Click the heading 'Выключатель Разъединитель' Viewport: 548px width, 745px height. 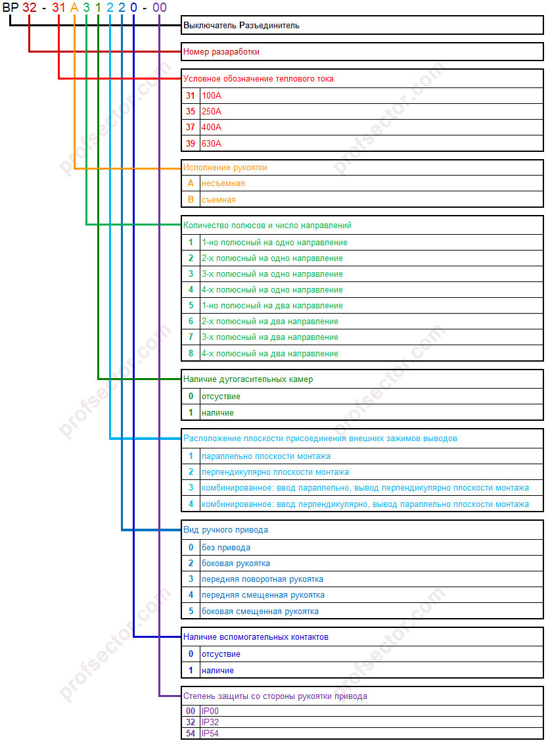241,26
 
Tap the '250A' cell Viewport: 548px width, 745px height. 212,111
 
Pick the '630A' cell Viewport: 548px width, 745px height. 212,143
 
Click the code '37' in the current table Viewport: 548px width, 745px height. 191,127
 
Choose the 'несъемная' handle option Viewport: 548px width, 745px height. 223,183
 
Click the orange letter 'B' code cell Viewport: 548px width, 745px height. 191,199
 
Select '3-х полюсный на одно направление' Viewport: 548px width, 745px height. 272,274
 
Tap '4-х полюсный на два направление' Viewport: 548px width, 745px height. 269,353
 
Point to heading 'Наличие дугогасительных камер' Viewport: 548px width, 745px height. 248,379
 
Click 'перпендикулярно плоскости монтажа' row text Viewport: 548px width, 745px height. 275,471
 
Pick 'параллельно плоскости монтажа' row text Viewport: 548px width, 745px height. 265,456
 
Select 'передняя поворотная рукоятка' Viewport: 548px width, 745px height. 262,579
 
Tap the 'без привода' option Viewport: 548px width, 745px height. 225,547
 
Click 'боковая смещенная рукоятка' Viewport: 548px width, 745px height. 260,611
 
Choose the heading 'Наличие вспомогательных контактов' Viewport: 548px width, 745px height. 256,637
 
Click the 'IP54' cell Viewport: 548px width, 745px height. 210,733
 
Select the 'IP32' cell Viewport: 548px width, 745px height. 210,722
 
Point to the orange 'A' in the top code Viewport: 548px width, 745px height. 74,8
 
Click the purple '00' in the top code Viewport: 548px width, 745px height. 159,8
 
